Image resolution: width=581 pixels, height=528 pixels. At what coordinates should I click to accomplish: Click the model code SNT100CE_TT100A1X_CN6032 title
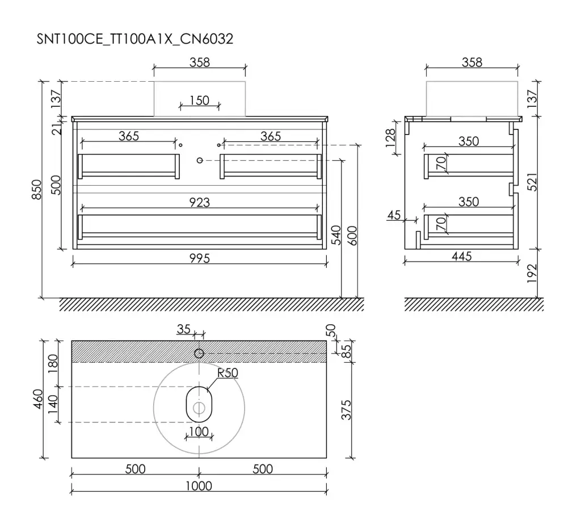tap(135, 39)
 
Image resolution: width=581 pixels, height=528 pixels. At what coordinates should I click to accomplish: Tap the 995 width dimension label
tap(199, 258)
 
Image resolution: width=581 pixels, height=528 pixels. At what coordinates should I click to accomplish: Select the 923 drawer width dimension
tap(199, 202)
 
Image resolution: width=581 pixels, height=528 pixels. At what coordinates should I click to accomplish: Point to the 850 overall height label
tap(37, 190)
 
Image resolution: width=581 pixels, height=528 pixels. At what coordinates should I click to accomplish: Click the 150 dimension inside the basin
tap(199, 100)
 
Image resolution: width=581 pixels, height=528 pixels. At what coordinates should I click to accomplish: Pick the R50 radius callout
tap(227, 372)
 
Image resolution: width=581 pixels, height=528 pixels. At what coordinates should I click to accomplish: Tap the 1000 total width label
tap(199, 486)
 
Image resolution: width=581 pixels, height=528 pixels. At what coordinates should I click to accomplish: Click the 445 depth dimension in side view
tap(462, 256)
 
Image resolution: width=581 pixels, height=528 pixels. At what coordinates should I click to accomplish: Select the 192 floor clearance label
tap(532, 273)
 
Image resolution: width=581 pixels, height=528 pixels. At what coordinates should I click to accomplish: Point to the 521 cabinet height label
tap(532, 182)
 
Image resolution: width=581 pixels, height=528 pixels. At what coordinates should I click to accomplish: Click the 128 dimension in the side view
tap(390, 138)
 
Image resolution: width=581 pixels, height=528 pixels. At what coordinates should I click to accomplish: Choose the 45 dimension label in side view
tap(394, 215)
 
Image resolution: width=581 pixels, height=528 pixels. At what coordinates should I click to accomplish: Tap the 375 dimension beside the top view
tap(346, 410)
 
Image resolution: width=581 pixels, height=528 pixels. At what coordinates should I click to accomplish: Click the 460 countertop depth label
tap(38, 399)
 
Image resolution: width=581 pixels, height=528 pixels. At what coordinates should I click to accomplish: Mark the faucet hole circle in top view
tap(199, 353)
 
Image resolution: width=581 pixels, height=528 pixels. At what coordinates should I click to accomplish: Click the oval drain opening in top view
tap(199, 404)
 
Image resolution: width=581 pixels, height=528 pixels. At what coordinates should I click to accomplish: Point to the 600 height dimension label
tap(352, 236)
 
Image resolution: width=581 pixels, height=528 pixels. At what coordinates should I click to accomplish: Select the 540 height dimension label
tap(336, 234)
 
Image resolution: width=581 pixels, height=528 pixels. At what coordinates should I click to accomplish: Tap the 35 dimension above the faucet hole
tap(183, 329)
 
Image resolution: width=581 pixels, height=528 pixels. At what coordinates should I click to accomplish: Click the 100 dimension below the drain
tap(199, 431)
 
